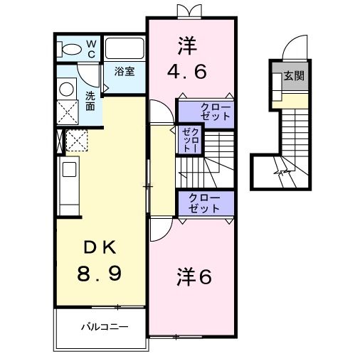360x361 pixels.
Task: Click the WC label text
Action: [92, 48]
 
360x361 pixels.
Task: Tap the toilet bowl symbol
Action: [72, 48]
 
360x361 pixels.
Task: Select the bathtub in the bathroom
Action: [125, 49]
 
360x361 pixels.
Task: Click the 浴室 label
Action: [125, 71]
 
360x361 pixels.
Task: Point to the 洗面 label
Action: [91, 101]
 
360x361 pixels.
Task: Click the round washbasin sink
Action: [66, 89]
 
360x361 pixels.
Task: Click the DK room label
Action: [98, 248]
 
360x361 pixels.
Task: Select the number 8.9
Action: [98, 273]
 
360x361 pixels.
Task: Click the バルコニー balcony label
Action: [103, 328]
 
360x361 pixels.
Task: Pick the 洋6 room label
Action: [194, 277]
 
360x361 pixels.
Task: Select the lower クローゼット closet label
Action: [204, 203]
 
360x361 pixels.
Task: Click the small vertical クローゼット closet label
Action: [189, 140]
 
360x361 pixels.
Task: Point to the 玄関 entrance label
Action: [293, 75]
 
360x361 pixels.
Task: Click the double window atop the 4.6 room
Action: [190, 11]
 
